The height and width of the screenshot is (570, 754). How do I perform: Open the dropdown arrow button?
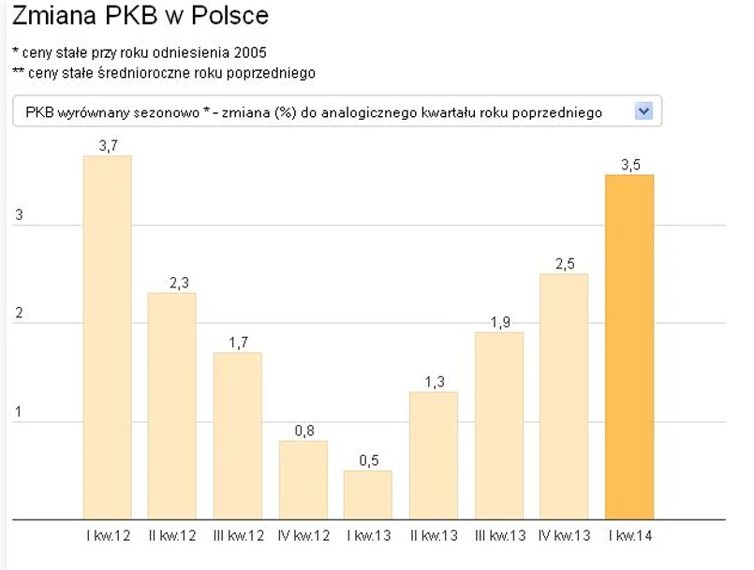643,111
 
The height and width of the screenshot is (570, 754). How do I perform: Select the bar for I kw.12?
107,337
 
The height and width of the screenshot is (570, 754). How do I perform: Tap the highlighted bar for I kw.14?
629,346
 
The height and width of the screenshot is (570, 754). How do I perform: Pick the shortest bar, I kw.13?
368,494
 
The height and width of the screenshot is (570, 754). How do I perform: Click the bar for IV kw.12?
303,479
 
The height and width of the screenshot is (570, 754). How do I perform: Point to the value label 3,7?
107,146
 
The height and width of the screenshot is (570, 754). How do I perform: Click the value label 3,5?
630,165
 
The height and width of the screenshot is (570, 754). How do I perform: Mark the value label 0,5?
368,460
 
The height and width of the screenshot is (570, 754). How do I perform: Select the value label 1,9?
499,323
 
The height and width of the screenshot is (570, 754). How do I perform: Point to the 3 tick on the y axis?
18,215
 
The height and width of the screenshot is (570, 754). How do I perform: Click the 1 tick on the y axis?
18,413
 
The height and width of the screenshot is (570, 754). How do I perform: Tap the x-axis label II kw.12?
171,535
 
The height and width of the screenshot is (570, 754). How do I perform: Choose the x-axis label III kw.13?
499,535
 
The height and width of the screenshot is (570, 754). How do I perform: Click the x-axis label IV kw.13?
565,535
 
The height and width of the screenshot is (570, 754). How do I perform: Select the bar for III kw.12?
237,435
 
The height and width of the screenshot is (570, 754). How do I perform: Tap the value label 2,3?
172,284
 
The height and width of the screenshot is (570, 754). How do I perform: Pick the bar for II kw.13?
434,455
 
